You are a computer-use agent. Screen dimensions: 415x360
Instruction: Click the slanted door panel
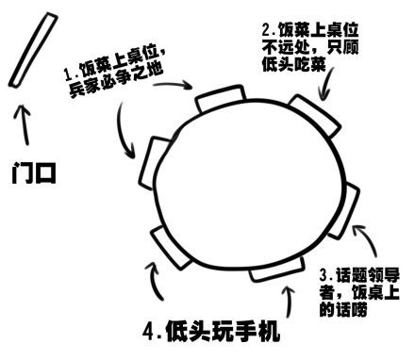point(33,50)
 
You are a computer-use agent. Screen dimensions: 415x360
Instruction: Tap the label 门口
point(34,173)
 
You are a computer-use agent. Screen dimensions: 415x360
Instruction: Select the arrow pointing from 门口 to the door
point(24,125)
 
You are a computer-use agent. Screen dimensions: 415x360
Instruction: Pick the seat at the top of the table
point(220,98)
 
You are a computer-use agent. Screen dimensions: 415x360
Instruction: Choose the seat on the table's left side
point(154,163)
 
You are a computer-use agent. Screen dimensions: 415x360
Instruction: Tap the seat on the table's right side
point(344,211)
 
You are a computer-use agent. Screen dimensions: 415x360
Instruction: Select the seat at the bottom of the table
point(277,270)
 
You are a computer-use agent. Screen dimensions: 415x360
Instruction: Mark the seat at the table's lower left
point(170,248)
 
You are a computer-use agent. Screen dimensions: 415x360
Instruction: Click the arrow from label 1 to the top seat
point(173,84)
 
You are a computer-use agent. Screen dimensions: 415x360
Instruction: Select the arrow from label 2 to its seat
point(327,83)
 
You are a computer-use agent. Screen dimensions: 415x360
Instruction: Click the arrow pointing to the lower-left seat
point(154,280)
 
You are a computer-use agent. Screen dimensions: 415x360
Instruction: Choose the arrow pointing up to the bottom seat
point(290,301)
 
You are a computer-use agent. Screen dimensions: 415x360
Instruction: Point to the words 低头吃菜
point(293,64)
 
